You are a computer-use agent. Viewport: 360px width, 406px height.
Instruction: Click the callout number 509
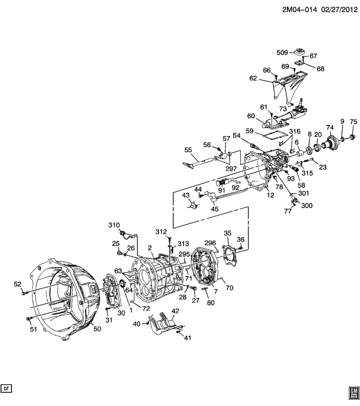[x=282, y=53]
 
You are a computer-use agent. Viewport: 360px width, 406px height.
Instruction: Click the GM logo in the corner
[x=353, y=393]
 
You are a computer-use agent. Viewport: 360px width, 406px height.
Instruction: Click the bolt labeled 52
[x=27, y=292]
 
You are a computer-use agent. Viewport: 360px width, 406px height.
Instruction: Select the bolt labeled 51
[x=28, y=318]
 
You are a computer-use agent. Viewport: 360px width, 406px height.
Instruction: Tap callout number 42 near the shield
[x=175, y=311]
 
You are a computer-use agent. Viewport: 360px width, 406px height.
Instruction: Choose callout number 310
[x=114, y=225]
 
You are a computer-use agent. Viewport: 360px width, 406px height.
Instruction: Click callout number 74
[x=330, y=128]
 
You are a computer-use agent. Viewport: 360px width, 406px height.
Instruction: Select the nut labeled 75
[x=352, y=137]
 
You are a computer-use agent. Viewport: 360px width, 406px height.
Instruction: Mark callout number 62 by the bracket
[x=253, y=78]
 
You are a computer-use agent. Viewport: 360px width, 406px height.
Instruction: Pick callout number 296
[x=210, y=243]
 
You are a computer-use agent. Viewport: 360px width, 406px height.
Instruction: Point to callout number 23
[x=323, y=167]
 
